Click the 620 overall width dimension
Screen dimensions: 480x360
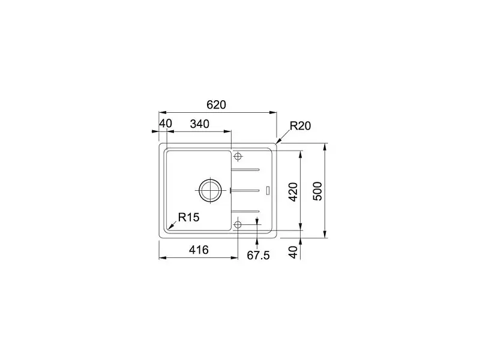[x=216, y=104]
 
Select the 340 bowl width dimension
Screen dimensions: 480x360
[x=200, y=124]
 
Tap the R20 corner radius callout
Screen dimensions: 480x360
[x=301, y=126]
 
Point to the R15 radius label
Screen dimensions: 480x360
[x=188, y=217]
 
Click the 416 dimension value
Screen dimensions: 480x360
[x=199, y=250]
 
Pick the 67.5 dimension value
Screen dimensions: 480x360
[x=259, y=256]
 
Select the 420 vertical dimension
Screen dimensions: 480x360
[x=293, y=192]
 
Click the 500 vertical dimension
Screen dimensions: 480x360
[x=318, y=191]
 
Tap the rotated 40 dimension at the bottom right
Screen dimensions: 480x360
[x=293, y=252]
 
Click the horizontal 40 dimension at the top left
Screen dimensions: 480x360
[x=166, y=124]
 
